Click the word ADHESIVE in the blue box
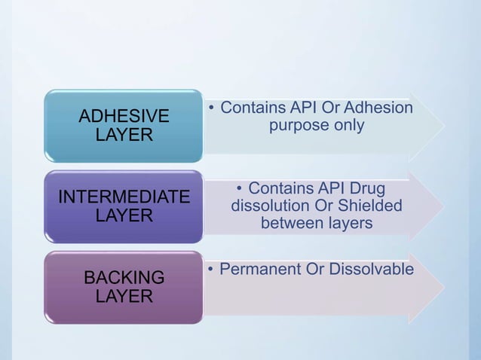tap(124, 117)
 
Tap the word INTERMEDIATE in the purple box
tap(124, 197)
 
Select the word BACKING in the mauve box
tap(124, 278)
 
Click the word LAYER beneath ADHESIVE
tap(124, 135)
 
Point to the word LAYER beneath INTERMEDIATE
tap(124, 215)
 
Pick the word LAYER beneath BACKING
tap(124, 296)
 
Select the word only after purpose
tap(348, 126)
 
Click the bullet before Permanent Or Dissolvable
tap(213, 269)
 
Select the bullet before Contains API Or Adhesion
tap(213, 109)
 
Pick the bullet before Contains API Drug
tap(239, 188)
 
